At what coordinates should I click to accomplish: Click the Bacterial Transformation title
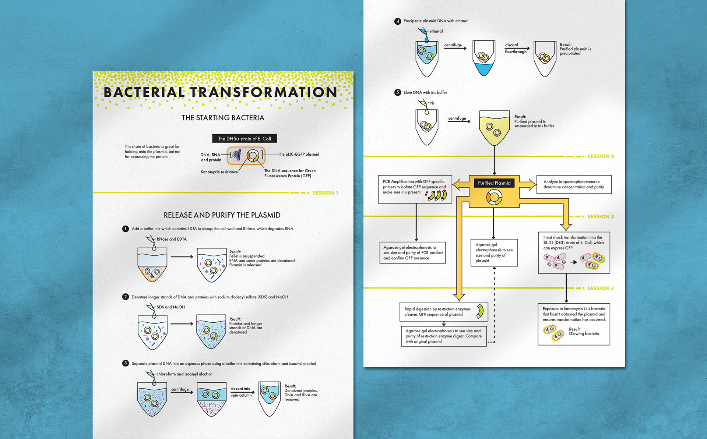point(220,92)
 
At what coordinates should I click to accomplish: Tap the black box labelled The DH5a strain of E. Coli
point(245,139)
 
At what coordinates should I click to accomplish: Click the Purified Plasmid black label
point(494,183)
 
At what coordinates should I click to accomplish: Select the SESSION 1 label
point(325,193)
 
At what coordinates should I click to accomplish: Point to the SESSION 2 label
point(601,156)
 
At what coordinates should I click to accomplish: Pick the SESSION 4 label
point(601,288)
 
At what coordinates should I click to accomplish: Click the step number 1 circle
point(125,229)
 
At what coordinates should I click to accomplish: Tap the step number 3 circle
point(125,363)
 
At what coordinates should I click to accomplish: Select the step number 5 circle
point(397,92)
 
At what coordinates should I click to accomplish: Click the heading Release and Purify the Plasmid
point(222,215)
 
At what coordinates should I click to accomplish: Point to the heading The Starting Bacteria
point(223,118)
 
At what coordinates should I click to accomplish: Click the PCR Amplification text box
point(415,189)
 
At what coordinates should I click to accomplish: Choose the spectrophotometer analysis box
point(574,184)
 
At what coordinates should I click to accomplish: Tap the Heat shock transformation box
point(574,252)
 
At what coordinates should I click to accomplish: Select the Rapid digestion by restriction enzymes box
point(443,312)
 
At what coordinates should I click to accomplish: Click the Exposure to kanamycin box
point(574,324)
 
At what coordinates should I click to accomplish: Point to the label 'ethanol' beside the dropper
point(436,31)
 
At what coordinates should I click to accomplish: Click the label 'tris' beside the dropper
point(432,103)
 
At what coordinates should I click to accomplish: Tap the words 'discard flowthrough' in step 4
point(516,48)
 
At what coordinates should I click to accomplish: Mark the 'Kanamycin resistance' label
point(219,172)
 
